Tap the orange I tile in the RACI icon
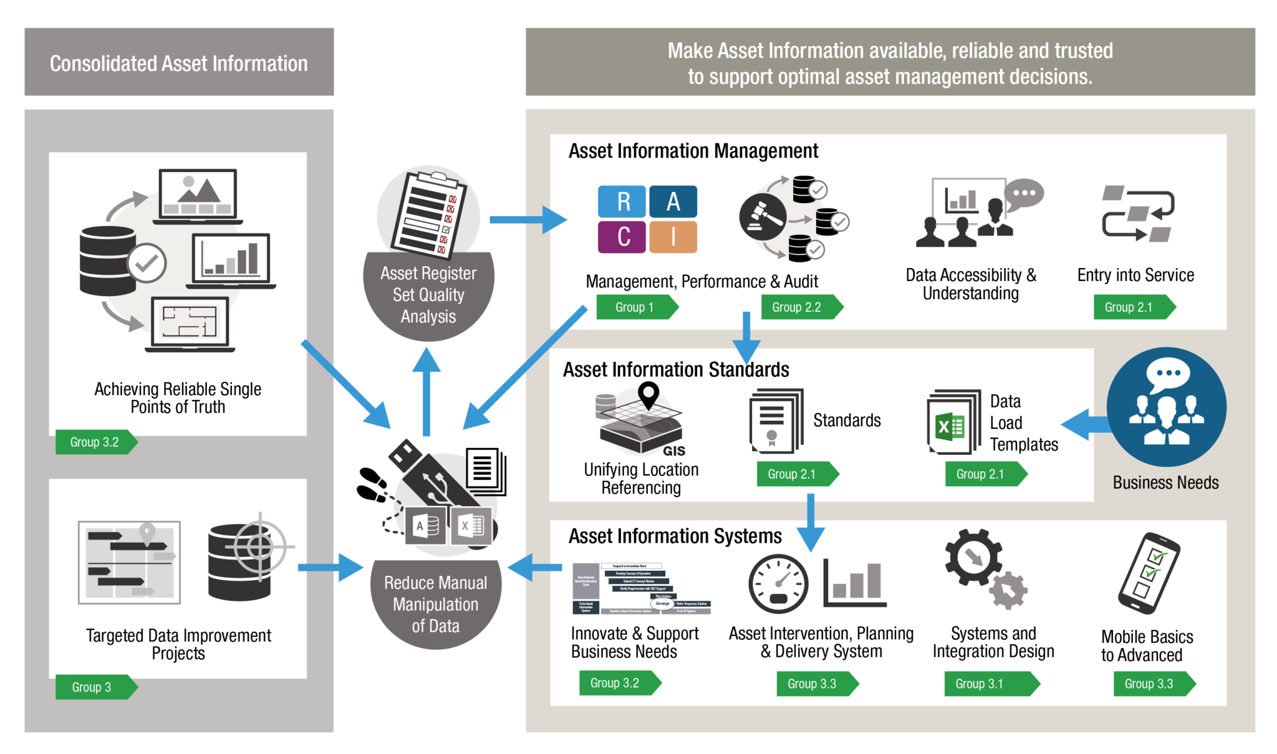[x=673, y=237]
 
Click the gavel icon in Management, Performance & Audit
[x=762, y=216]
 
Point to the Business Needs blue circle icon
[x=1166, y=406]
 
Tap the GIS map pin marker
[x=648, y=394]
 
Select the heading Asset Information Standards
[x=676, y=370]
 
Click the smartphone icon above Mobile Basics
[x=1149, y=573]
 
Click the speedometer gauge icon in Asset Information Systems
[x=778, y=584]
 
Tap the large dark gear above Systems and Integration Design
[x=973, y=556]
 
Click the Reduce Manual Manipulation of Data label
[x=435, y=604]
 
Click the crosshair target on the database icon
[x=260, y=546]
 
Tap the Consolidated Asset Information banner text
[x=179, y=63]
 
